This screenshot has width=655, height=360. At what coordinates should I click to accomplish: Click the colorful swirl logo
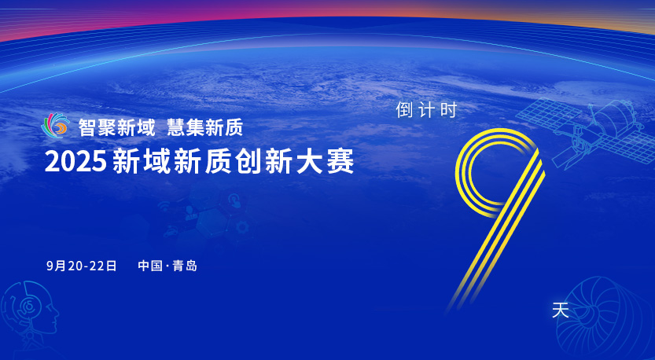tap(56, 125)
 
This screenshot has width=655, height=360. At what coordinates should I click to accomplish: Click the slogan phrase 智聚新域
tap(117, 127)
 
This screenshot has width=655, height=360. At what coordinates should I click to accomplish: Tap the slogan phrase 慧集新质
tap(204, 127)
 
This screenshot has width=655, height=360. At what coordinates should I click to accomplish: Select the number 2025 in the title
tap(75, 161)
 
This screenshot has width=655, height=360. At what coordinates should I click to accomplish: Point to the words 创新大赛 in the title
tap(295, 161)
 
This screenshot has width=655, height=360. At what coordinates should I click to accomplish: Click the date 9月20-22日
tap(82, 266)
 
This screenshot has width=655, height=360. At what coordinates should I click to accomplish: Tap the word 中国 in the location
tap(150, 266)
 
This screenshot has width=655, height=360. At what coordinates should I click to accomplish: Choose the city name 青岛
tap(185, 266)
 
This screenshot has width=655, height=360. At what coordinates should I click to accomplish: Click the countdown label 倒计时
tap(426, 110)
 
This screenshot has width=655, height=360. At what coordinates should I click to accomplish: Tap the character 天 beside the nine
tap(561, 310)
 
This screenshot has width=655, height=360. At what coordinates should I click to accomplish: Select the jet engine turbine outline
tap(605, 318)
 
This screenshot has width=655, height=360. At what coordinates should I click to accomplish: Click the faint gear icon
tap(242, 228)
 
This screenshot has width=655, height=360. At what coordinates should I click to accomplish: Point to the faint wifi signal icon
tap(164, 206)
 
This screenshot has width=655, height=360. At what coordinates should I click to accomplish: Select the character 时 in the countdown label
tap(449, 110)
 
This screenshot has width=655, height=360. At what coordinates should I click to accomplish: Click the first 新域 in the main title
tap(142, 161)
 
